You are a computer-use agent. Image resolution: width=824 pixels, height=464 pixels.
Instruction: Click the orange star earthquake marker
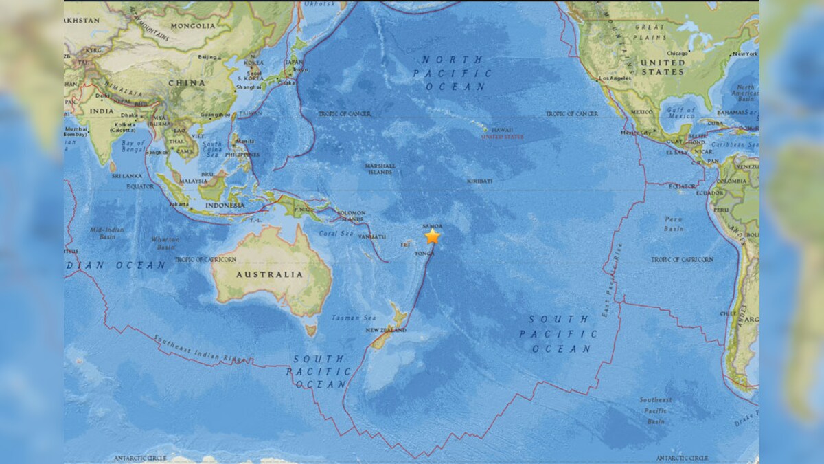[x=432, y=236]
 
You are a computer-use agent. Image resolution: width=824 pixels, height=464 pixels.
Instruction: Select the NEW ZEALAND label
[x=386, y=330]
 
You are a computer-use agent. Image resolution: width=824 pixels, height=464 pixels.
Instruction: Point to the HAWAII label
[x=501, y=129]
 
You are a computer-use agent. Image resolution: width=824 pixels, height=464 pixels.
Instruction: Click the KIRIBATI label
[x=480, y=181]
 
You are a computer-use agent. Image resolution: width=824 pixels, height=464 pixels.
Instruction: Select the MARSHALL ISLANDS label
[x=380, y=169]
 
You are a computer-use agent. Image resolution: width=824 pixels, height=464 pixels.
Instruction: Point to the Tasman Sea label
[x=345, y=318]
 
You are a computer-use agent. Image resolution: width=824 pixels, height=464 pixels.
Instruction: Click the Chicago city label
[x=676, y=53]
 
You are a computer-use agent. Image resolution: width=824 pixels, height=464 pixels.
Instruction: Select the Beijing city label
[x=207, y=57]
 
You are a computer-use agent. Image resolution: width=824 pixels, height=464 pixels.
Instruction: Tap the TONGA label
[x=424, y=253]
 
